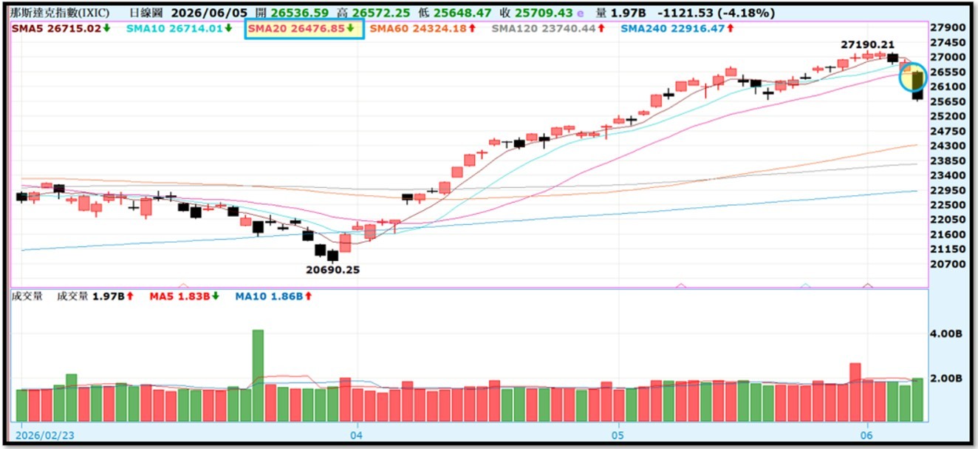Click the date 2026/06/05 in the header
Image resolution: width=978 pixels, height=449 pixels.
pos(209,13)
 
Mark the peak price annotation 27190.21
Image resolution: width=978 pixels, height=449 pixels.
pos(867,44)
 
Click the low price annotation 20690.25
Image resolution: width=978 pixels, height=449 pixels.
pos(332,270)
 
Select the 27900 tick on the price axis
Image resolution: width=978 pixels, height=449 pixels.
pos(948,27)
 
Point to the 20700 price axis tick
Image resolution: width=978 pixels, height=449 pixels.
pos(948,263)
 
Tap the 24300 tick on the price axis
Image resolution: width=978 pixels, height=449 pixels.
pos(948,146)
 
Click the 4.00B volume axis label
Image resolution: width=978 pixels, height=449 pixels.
pos(946,334)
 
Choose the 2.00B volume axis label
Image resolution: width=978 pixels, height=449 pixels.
pos(946,378)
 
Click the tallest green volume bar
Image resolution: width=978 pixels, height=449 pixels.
pos(258,376)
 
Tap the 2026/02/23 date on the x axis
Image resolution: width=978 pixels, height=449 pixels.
pos(45,435)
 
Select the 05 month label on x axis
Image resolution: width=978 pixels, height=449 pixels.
pos(618,435)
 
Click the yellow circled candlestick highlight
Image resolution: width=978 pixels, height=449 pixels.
pos(913,77)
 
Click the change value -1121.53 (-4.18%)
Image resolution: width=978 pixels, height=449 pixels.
pos(716,13)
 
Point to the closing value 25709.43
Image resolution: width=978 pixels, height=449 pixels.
pos(544,13)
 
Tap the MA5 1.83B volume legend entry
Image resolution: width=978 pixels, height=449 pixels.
pos(184,297)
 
